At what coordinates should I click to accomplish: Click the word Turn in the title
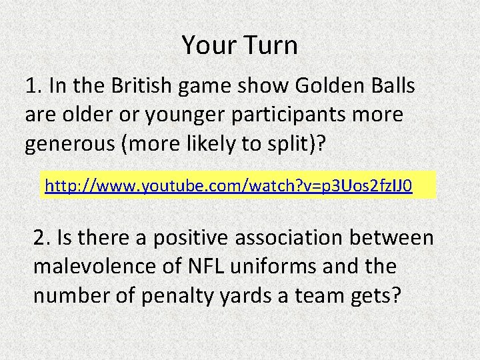pyautogui.click(x=271, y=45)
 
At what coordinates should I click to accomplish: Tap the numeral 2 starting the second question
pyautogui.click(x=39, y=237)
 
